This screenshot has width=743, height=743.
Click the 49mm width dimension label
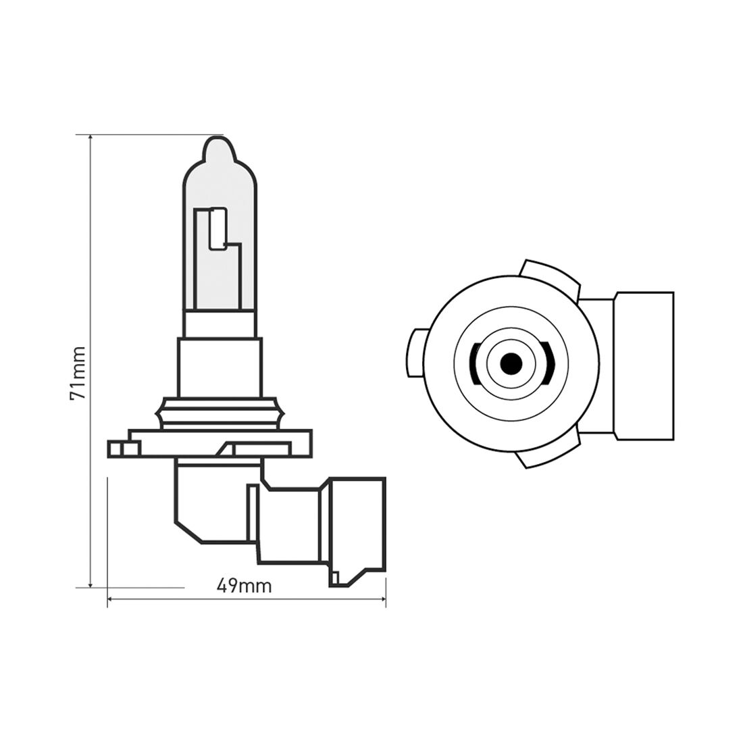[x=245, y=586]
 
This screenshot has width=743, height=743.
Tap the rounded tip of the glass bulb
[x=220, y=145]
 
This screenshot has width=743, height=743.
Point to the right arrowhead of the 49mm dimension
[x=383, y=598]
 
